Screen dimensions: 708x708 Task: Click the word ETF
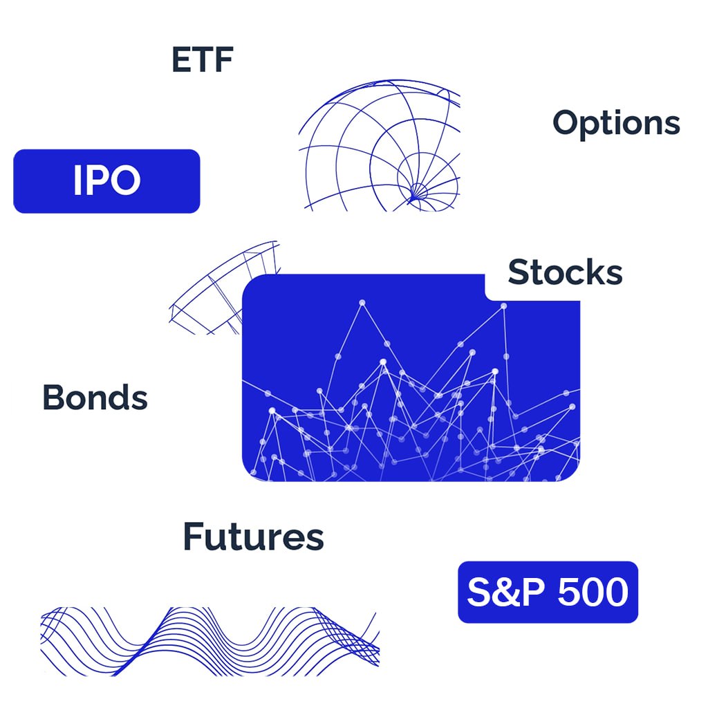203,59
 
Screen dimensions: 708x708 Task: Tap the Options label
616,123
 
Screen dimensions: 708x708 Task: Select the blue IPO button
106,181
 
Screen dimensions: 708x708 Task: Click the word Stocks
565,272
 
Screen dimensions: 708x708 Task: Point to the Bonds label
95,398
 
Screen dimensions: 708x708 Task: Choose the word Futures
253,537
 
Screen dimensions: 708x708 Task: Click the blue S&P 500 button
548,592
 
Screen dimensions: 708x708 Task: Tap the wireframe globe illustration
380,145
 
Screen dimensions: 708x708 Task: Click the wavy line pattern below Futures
210,641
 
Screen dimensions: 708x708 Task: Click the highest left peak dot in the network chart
362,303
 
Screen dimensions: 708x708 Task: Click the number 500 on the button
593,592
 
